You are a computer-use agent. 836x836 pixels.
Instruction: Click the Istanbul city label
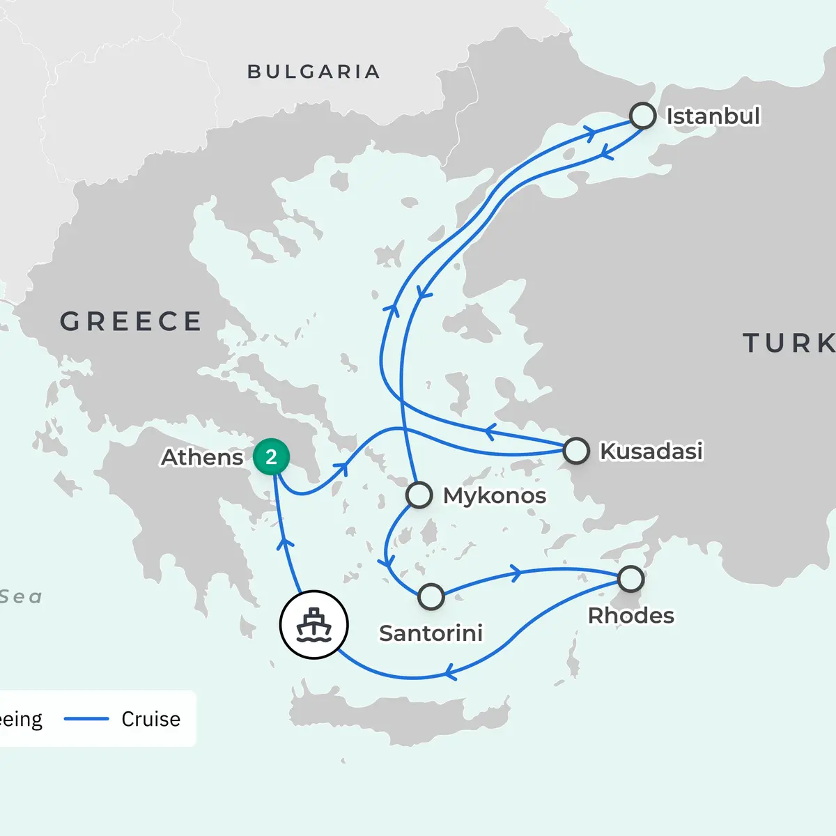pyautogui.click(x=713, y=116)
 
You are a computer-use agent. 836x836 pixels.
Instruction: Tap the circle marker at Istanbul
pyautogui.click(x=642, y=116)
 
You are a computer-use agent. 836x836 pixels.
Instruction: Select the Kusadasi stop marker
pyautogui.click(x=576, y=451)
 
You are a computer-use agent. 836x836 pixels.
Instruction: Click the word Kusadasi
pyautogui.click(x=651, y=451)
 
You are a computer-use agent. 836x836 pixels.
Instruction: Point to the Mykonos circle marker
pyautogui.click(x=419, y=495)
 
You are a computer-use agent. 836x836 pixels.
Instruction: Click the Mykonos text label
pyautogui.click(x=495, y=496)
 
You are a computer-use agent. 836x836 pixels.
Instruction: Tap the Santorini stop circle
pyautogui.click(x=431, y=596)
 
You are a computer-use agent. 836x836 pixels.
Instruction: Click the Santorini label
pyautogui.click(x=431, y=633)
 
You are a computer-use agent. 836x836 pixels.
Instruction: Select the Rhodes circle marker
pyautogui.click(x=630, y=578)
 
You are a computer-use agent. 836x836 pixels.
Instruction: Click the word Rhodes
pyautogui.click(x=630, y=616)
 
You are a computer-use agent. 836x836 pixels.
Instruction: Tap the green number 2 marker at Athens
pyautogui.click(x=271, y=457)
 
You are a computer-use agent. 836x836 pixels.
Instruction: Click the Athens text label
pyautogui.click(x=202, y=458)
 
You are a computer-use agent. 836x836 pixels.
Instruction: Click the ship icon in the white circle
pyautogui.click(x=313, y=625)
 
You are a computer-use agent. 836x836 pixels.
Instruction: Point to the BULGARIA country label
pyautogui.click(x=313, y=72)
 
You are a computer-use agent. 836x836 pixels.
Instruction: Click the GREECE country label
pyautogui.click(x=131, y=322)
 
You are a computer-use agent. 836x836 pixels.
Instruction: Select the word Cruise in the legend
pyautogui.click(x=150, y=719)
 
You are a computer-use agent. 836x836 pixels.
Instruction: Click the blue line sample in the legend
pyautogui.click(x=86, y=719)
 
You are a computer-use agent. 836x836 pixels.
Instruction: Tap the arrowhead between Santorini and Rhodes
pyautogui.click(x=516, y=573)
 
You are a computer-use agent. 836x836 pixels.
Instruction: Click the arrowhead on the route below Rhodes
pyautogui.click(x=450, y=673)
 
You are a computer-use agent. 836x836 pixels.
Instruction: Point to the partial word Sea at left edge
pyautogui.click(x=21, y=597)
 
